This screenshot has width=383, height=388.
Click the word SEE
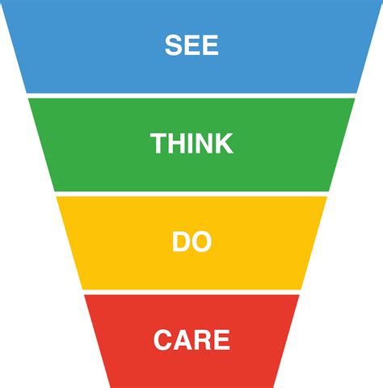pyautogui.click(x=191, y=45)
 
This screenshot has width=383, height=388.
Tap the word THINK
pyautogui.click(x=191, y=143)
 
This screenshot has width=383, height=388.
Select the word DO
pyautogui.click(x=191, y=242)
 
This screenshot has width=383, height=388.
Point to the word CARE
pyautogui.click(x=191, y=339)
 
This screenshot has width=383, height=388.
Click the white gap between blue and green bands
pyautogui.click(x=191, y=95)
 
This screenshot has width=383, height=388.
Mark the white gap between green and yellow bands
pyautogui.click(x=191, y=194)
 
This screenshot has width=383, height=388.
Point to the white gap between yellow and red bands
pyautogui.click(x=191, y=292)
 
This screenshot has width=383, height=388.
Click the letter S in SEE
pyautogui.click(x=173, y=45)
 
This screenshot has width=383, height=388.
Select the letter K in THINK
pyautogui.click(x=224, y=143)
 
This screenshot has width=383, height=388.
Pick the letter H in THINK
pyautogui.click(x=175, y=143)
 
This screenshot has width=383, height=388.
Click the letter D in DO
pyautogui.click(x=181, y=242)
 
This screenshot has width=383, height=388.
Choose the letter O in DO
pyautogui.click(x=201, y=242)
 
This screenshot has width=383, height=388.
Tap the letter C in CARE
pyautogui.click(x=162, y=339)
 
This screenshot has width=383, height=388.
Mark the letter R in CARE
pyautogui.click(x=203, y=339)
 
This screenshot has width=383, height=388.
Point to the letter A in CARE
pyautogui.click(x=183, y=339)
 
